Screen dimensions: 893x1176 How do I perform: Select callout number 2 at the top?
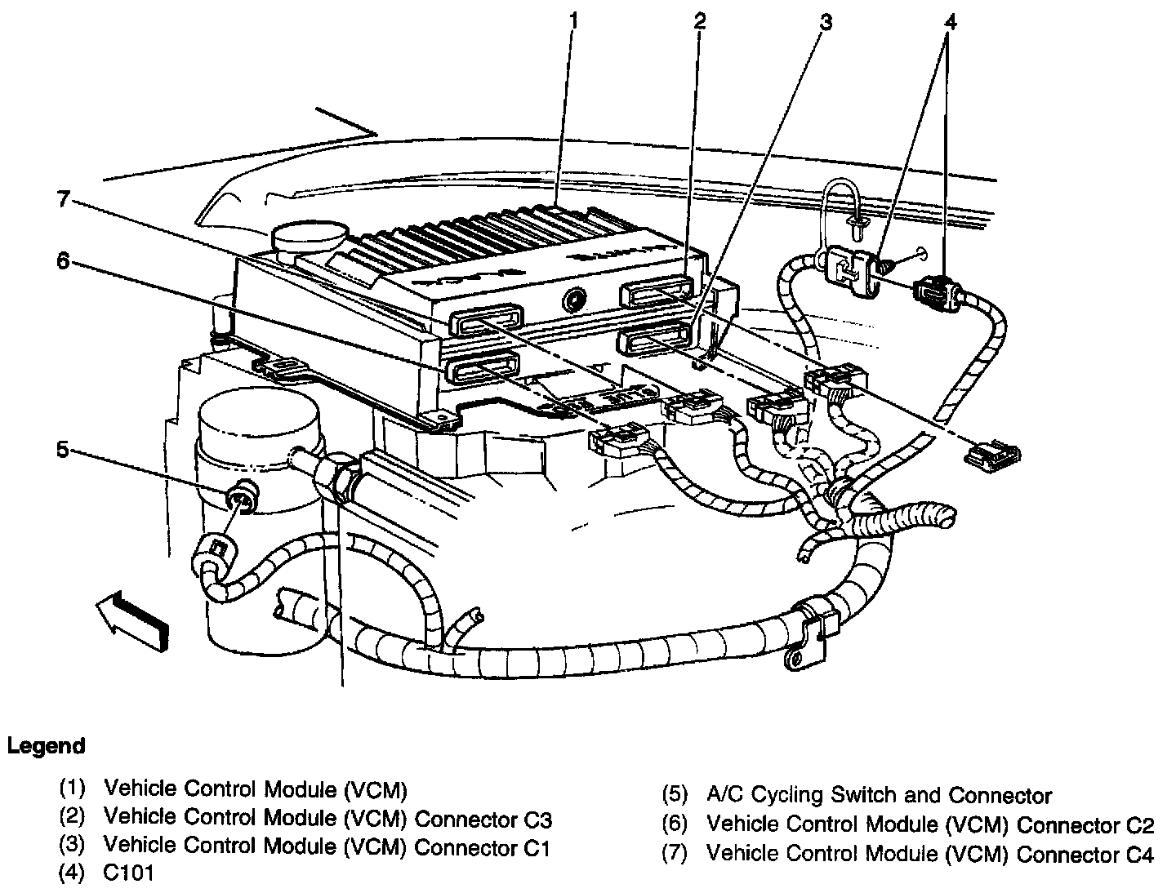coord(699,21)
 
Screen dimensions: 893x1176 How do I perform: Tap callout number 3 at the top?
coord(826,22)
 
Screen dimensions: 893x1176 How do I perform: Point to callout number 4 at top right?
coord(948,22)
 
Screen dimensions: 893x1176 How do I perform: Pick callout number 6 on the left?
coord(62,261)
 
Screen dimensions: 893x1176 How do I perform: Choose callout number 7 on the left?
coord(63,200)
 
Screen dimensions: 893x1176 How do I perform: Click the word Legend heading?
coord(46,746)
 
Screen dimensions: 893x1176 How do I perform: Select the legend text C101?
coord(129,873)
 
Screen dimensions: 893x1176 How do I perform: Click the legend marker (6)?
coord(675,824)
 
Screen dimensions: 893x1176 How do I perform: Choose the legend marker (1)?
coord(73,789)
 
